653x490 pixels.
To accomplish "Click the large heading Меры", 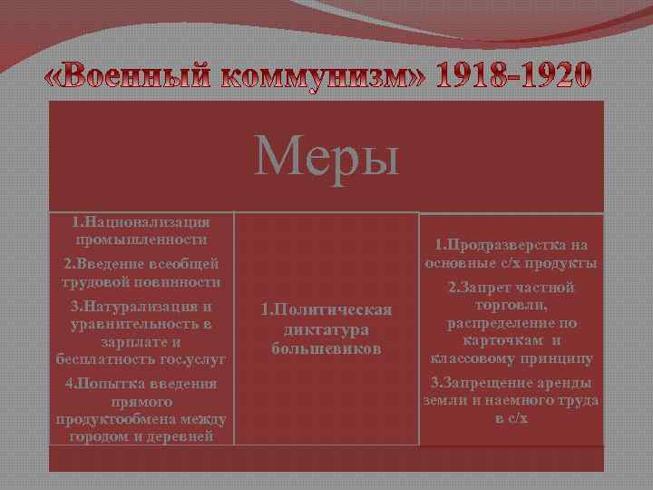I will pos(326,155).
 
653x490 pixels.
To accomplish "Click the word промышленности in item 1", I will pos(141,240).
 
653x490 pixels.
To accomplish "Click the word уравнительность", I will pos(132,324).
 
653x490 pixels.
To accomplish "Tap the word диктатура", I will pos(326,329).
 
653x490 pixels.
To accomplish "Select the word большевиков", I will pos(326,348).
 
